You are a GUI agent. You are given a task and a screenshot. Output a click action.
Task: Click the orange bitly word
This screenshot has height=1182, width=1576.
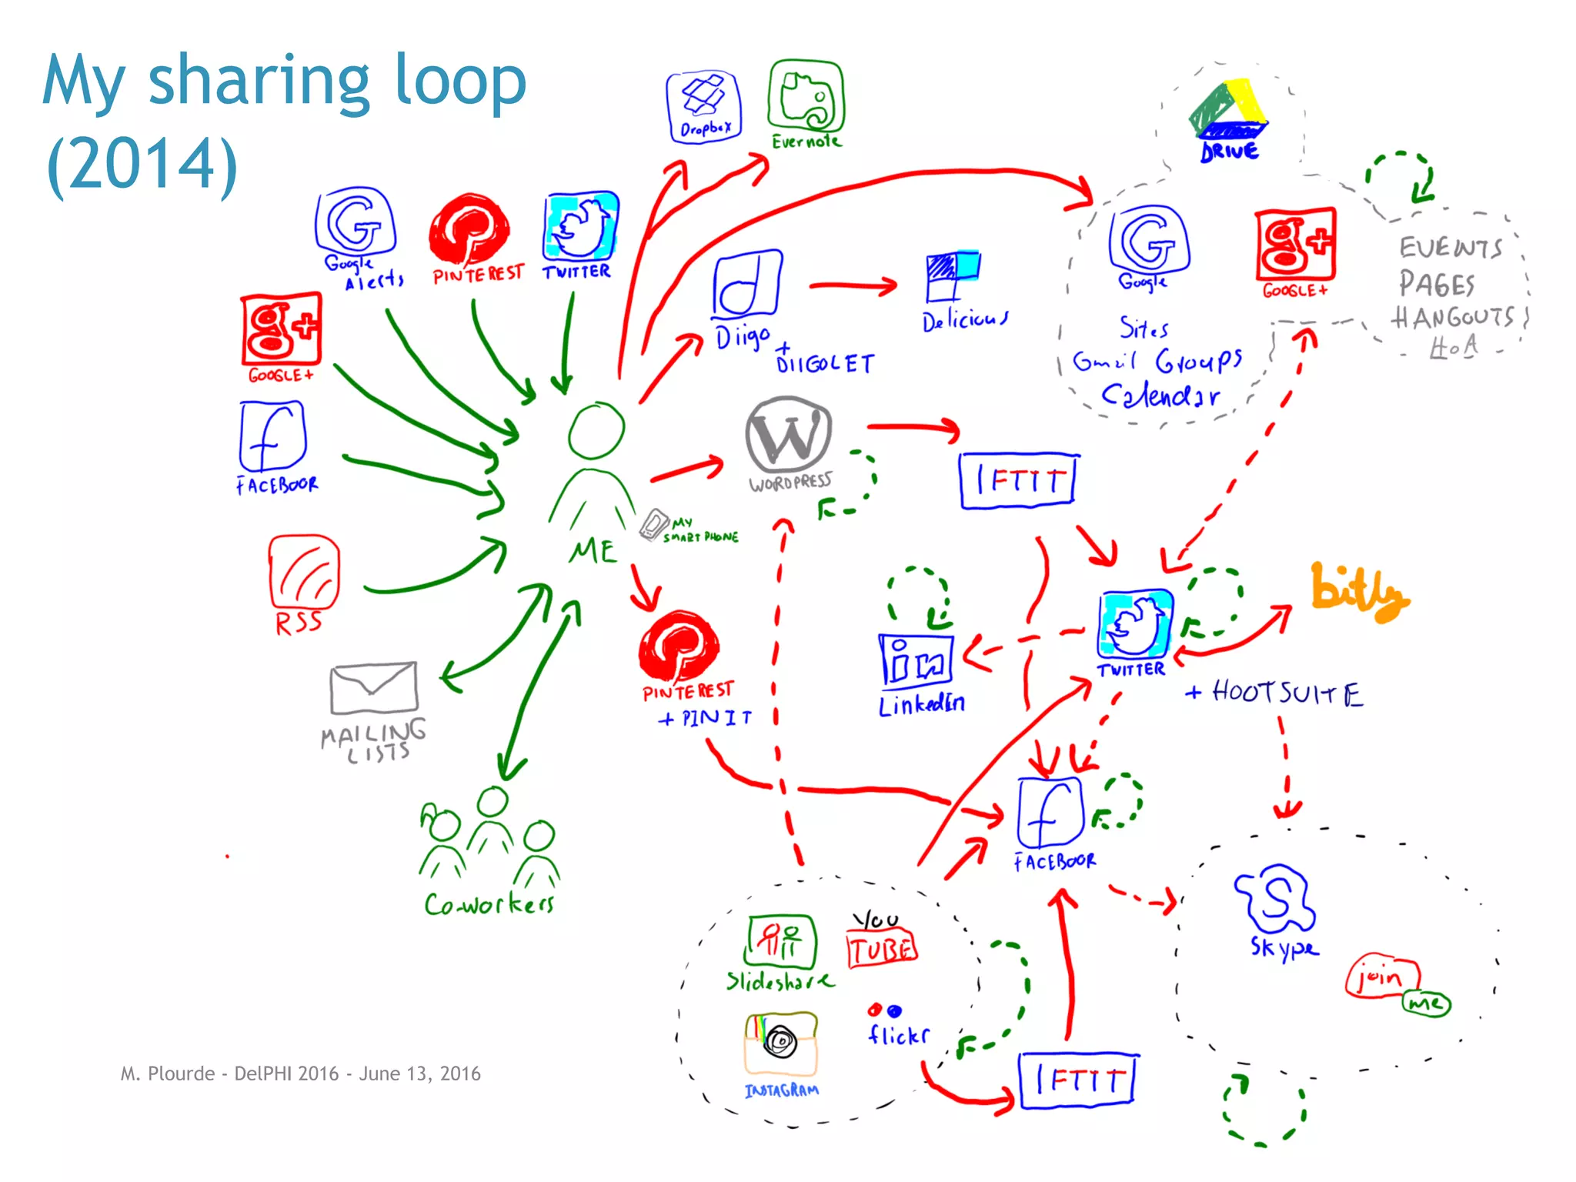pyautogui.click(x=1359, y=593)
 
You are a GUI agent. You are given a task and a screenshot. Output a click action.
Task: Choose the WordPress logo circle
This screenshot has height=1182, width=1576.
pyautogui.click(x=788, y=433)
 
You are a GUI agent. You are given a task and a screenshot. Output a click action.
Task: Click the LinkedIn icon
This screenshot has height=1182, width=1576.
pyautogui.click(x=916, y=660)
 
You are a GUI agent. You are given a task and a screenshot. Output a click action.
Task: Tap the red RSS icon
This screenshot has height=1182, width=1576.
pyautogui.click(x=304, y=573)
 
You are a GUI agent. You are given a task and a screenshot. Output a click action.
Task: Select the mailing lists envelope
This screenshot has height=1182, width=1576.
pyautogui.click(x=374, y=687)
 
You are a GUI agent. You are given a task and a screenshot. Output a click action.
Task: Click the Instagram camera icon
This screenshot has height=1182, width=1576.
pyautogui.click(x=780, y=1043)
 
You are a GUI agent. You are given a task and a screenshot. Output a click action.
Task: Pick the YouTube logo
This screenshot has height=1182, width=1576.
pyautogui.click(x=881, y=943)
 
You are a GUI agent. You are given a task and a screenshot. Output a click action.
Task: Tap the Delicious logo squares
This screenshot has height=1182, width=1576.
pyautogui.click(x=953, y=275)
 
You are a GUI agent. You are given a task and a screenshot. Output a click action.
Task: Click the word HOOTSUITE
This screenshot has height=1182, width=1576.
pyautogui.click(x=1287, y=693)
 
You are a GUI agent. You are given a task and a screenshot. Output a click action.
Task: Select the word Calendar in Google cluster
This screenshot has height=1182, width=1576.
pyautogui.click(x=1160, y=396)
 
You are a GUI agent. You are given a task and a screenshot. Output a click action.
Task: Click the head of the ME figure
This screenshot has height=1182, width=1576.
pyautogui.click(x=596, y=431)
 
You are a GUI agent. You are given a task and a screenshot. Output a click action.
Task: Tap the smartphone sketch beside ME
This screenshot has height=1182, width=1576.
pyautogui.click(x=655, y=525)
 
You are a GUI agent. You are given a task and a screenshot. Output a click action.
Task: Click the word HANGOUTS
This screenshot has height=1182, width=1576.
pyautogui.click(x=1452, y=317)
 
